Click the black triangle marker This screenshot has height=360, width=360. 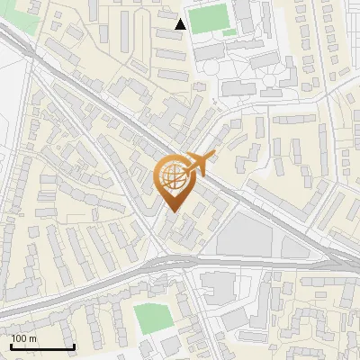pyautogui.click(x=181, y=25)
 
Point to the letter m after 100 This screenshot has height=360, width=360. pyautogui.click(x=32, y=338)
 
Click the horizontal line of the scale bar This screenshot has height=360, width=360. pyautogui.click(x=42, y=347)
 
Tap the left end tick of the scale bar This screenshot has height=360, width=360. pyautogui.click(x=11, y=346)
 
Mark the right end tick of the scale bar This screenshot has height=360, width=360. pyautogui.click(x=74, y=346)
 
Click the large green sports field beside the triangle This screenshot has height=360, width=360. pyautogui.click(x=210, y=19)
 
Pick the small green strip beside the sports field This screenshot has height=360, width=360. pyautogui.click(x=229, y=33)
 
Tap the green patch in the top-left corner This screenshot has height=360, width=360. pyautogui.click(x=25, y=20)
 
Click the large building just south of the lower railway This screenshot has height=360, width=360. pyautogui.click(x=216, y=287)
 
